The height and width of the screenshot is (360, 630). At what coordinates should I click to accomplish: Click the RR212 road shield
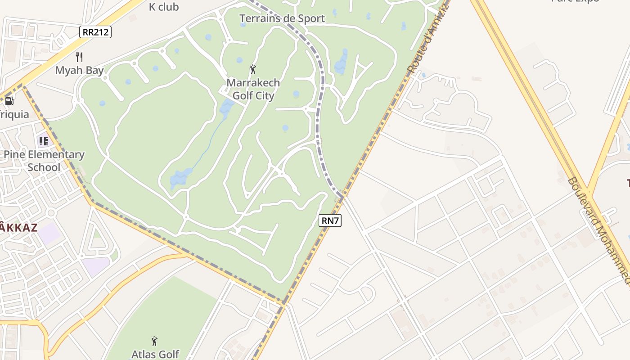[x=95, y=32]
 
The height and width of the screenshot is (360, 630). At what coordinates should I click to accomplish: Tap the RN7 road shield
[x=330, y=220]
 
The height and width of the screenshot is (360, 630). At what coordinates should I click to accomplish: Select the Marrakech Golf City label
[x=253, y=89]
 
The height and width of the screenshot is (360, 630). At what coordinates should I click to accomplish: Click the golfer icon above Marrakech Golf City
[x=253, y=69]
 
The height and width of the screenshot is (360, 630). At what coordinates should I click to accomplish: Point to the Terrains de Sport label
[x=282, y=18]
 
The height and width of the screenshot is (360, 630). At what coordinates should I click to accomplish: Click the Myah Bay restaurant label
[x=80, y=71]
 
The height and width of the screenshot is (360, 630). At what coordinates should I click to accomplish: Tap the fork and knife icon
[x=80, y=57]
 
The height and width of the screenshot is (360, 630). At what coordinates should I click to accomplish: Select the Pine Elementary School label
[x=44, y=161]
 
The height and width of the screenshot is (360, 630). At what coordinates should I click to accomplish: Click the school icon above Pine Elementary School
[x=44, y=141]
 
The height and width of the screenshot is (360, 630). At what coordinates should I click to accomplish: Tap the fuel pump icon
[x=9, y=101]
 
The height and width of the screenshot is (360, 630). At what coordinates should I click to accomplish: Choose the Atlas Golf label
[x=155, y=354]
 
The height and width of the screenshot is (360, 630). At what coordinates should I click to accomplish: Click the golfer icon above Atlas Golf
[x=155, y=341]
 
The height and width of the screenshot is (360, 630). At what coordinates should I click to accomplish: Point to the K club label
[x=164, y=7]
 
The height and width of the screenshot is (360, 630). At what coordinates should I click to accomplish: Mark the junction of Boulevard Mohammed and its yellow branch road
[x=591, y=197]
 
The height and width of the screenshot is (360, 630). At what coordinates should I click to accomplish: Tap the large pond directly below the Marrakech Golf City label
[x=226, y=107]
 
